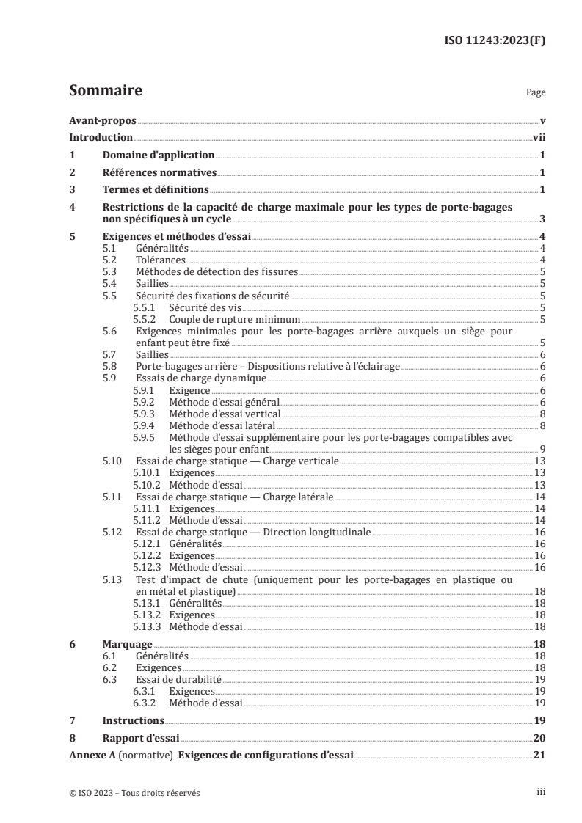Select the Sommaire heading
(105, 92)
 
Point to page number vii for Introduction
(538, 138)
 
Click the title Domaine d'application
(158, 156)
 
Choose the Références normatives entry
(159, 173)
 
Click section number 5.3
(109, 271)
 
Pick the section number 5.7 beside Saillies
(109, 354)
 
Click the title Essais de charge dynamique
(201, 378)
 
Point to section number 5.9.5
(144, 438)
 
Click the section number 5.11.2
(146, 520)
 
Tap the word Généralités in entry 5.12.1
(195, 544)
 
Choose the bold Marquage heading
(128, 643)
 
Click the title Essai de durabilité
(178, 680)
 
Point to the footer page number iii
(540, 793)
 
